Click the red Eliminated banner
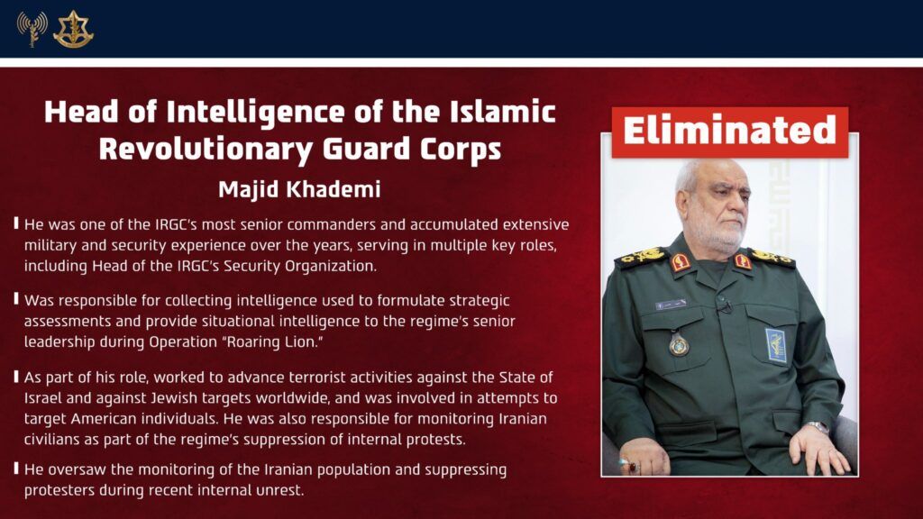coord(730,132)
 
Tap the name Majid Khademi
coord(299,189)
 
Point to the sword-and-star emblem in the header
coord(74,30)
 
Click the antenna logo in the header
coord(32,28)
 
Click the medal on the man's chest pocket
coord(679,344)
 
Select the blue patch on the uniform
coord(776,345)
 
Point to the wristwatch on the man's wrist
coord(818,427)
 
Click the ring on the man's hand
coord(632,468)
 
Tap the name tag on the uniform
coord(671,305)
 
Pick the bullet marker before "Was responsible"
coord(16,299)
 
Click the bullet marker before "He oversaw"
coord(16,469)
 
